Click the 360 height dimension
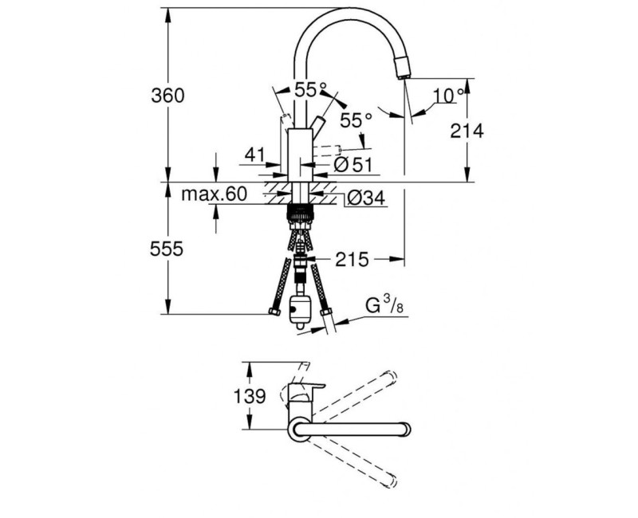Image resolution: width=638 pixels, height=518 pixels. coord(168,96)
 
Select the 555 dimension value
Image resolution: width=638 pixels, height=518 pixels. coord(168,249)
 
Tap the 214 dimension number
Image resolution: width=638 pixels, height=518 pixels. coord(467,131)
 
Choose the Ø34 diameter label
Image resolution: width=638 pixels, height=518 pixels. coord(366,198)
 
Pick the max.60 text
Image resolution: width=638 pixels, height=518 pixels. coord(215,194)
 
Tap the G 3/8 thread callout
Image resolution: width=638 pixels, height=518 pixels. coord(383,305)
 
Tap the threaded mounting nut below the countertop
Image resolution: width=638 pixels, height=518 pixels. coord(300,214)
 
